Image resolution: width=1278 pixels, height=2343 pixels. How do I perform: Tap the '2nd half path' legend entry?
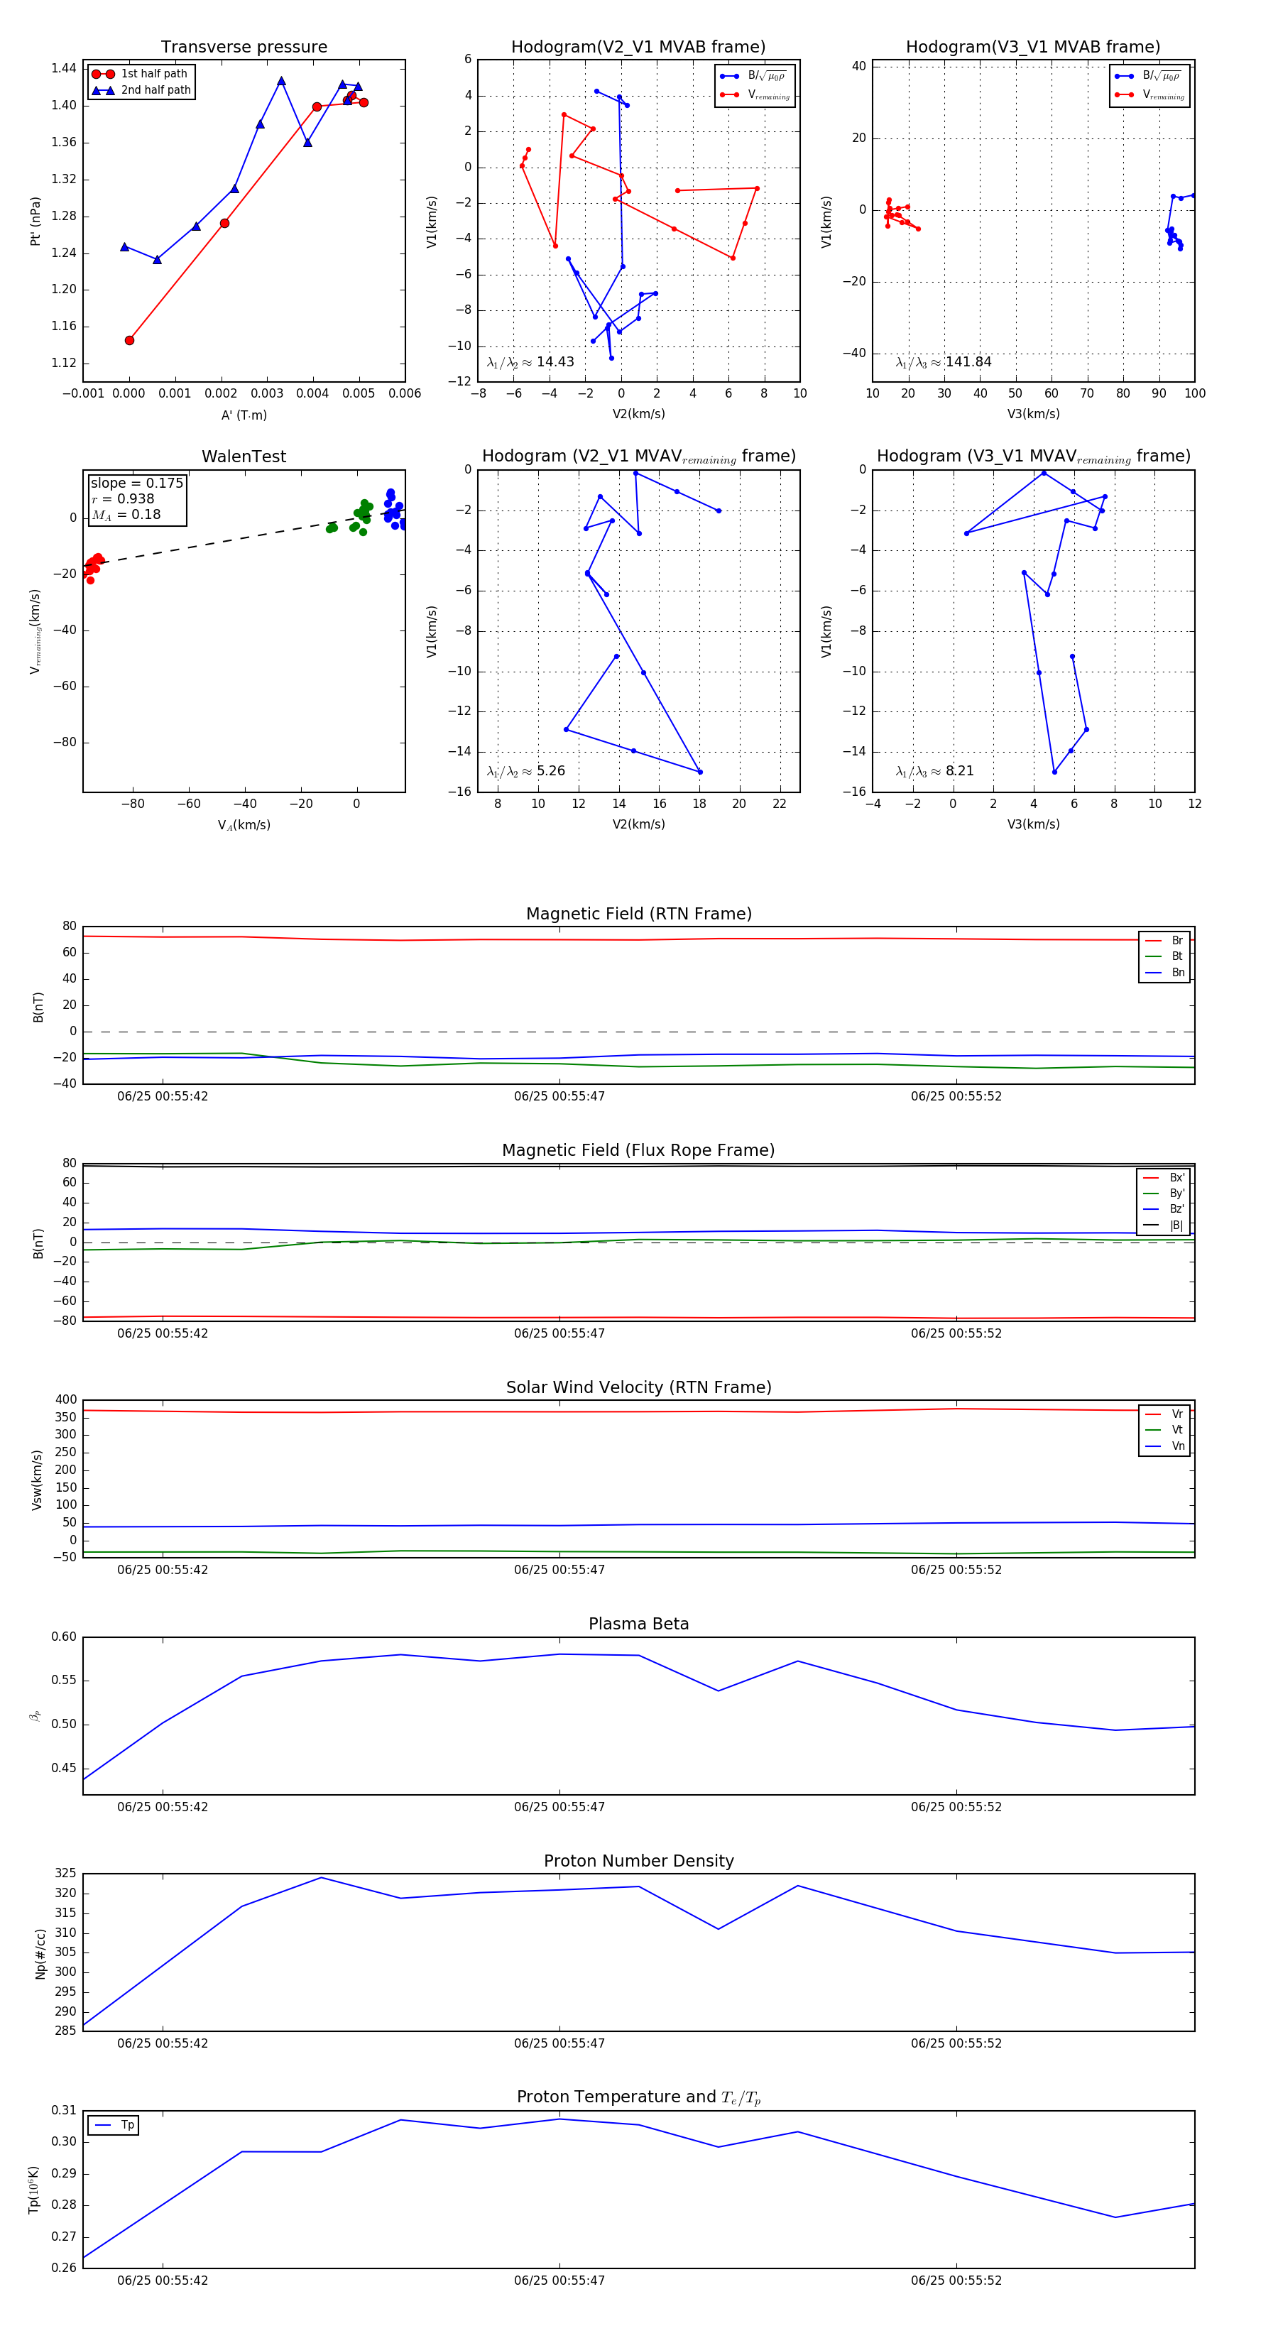pyautogui.click(x=155, y=90)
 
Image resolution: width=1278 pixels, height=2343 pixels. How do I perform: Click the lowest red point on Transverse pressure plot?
pyautogui.click(x=129, y=340)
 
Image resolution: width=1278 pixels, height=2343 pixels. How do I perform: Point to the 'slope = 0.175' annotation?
pyautogui.click(x=136, y=483)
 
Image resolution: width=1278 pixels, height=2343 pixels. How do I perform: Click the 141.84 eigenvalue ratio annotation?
pyautogui.click(x=944, y=362)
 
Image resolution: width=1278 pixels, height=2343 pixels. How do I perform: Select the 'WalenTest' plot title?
pyautogui.click(x=244, y=457)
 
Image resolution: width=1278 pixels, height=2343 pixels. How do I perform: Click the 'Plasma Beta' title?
pyautogui.click(x=638, y=1624)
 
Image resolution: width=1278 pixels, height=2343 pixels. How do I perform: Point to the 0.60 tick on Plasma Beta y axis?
pyautogui.click(x=64, y=1637)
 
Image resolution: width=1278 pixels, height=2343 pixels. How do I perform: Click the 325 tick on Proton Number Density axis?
pyautogui.click(x=65, y=1874)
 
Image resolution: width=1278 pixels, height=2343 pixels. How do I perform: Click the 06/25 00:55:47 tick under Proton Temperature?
pyautogui.click(x=559, y=2281)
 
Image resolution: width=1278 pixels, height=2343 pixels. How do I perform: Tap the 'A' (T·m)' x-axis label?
pyautogui.click(x=244, y=415)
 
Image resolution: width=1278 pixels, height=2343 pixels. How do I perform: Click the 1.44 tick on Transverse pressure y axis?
pyautogui.click(x=64, y=68)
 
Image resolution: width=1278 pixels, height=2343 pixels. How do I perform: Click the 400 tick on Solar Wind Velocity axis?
pyautogui.click(x=65, y=1400)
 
